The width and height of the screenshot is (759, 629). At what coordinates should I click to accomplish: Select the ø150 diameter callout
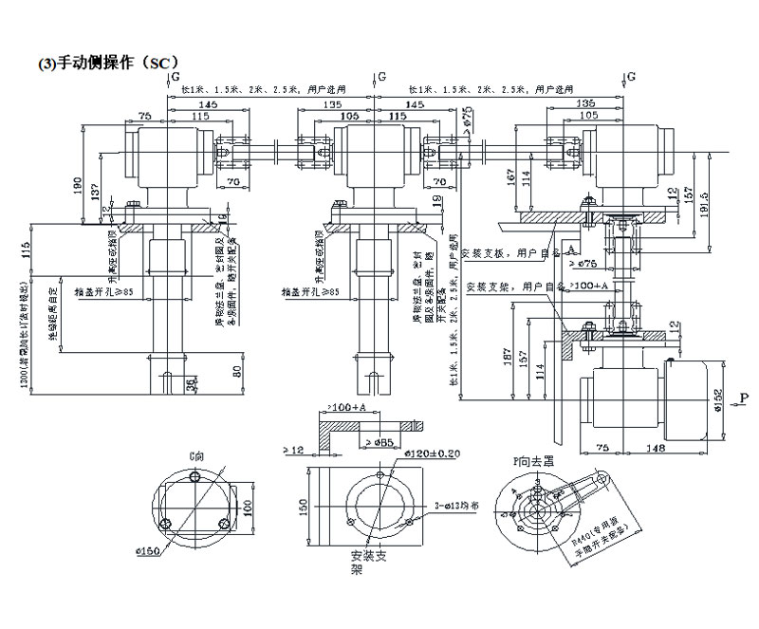tap(169, 550)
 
